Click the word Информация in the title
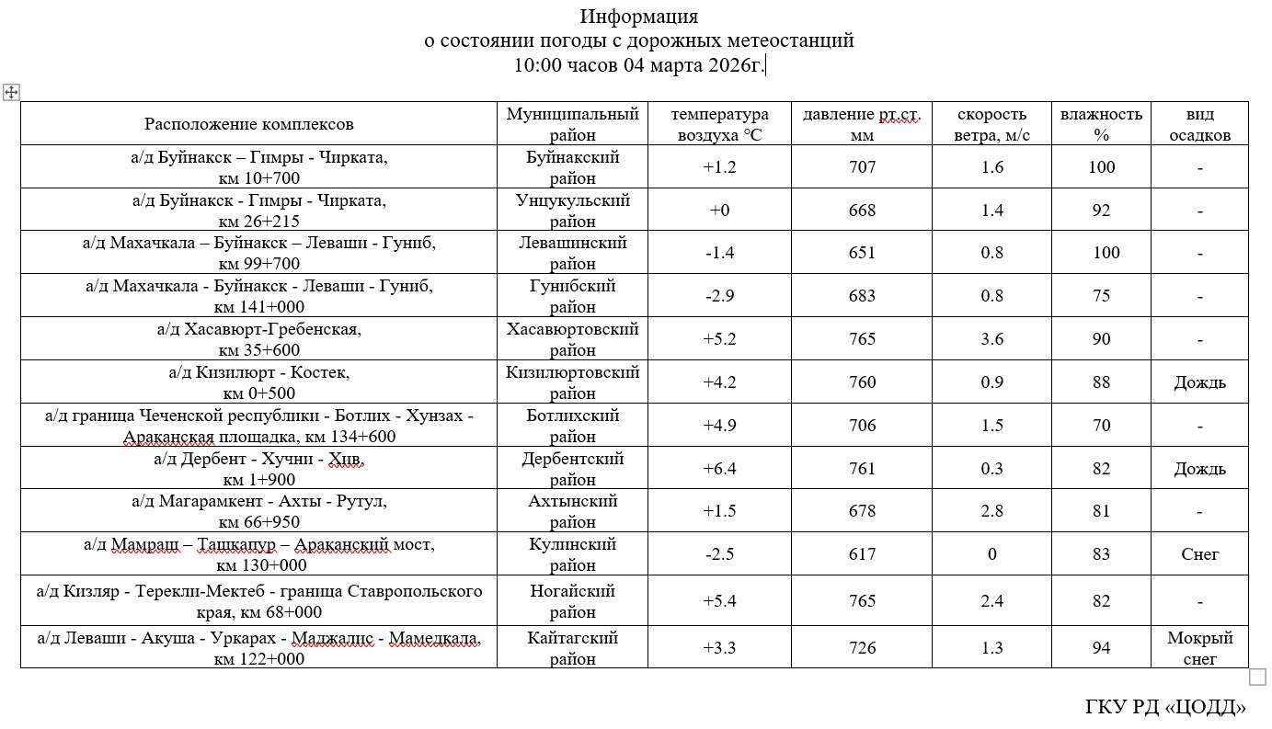pyautogui.click(x=639, y=17)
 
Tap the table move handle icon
pyautogui.click(x=11, y=92)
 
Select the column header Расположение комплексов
pyautogui.click(x=248, y=124)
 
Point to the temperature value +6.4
pyautogui.click(x=720, y=469)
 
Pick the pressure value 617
pyautogui.click(x=863, y=554)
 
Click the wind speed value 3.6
pyautogui.click(x=992, y=339)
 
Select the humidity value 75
pyautogui.click(x=1101, y=296)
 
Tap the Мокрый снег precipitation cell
pyautogui.click(x=1199, y=648)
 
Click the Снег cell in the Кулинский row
pyautogui.click(x=1199, y=554)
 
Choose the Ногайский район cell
pyautogui.click(x=572, y=601)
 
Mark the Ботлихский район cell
pyautogui.click(x=572, y=426)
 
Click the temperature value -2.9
pyautogui.click(x=719, y=296)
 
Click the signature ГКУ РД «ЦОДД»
pyautogui.click(x=1165, y=706)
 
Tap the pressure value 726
pyautogui.click(x=863, y=648)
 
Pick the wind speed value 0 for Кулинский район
pyautogui.click(x=991, y=554)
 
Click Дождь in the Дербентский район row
pyautogui.click(x=1199, y=469)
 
